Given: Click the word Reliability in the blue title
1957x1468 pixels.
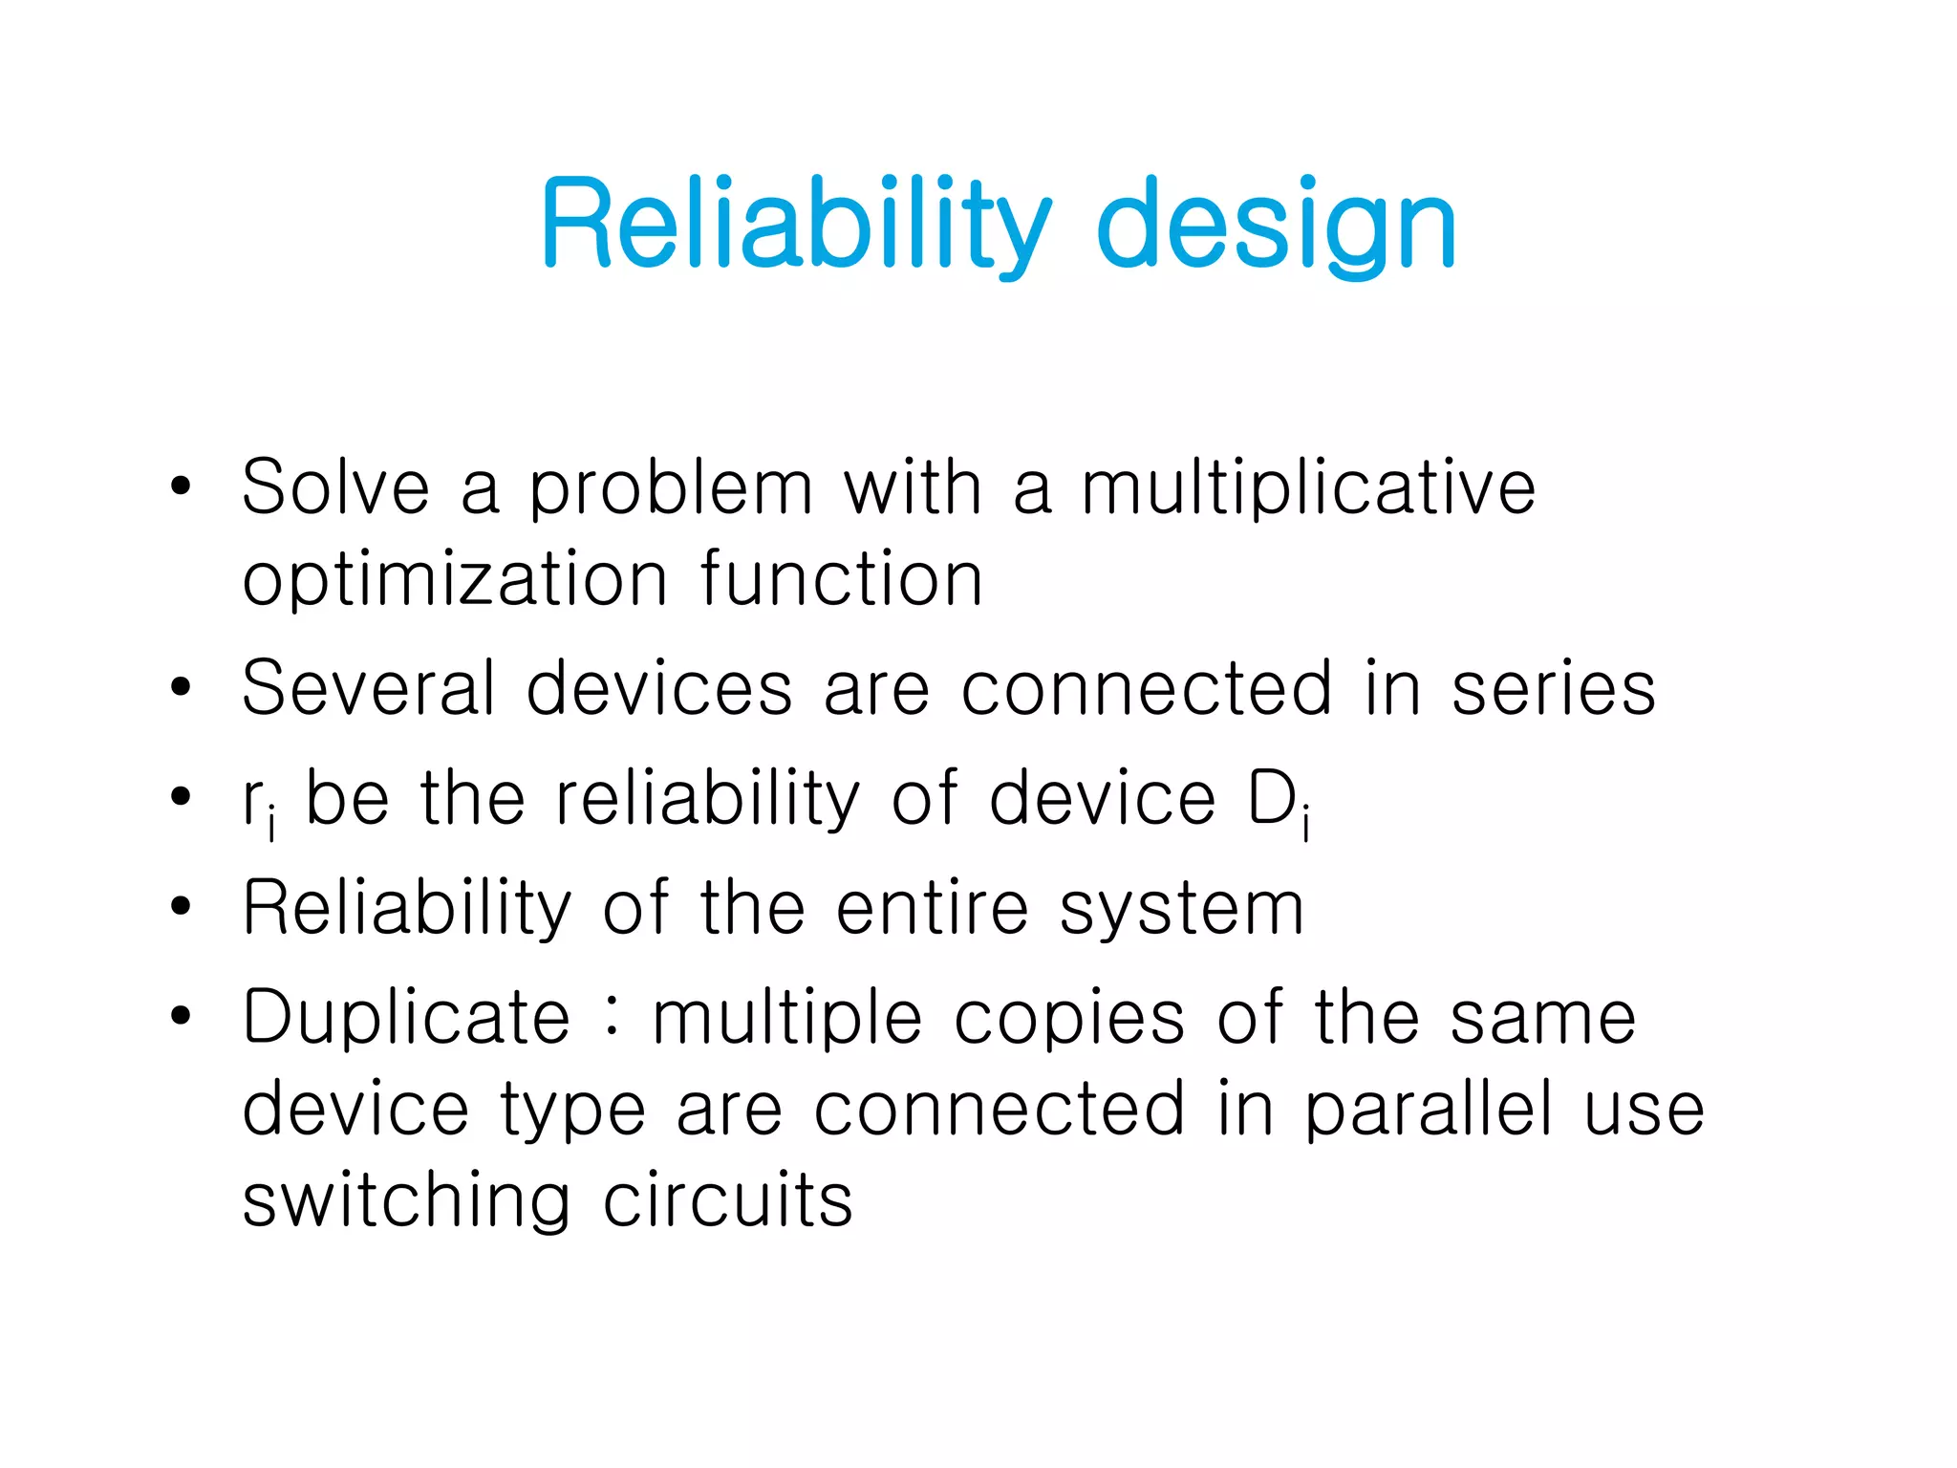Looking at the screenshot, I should click(795, 225).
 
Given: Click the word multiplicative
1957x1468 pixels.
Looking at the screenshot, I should click(1307, 489).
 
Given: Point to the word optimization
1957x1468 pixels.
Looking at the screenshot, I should click(455, 581).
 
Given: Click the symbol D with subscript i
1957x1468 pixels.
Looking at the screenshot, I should click(1279, 801).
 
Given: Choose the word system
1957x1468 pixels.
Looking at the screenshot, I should click(1181, 910).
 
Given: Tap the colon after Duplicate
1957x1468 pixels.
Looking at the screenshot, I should click(612, 1016).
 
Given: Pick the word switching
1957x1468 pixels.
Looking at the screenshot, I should click(407, 1202).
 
